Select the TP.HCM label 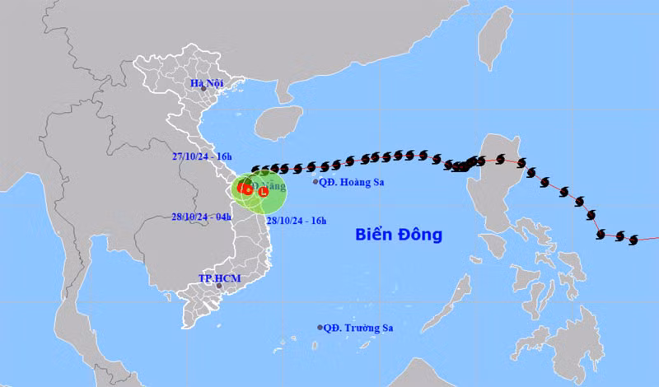tap(218, 279)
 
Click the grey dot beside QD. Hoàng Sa tap(315, 182)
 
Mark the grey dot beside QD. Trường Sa tap(320, 328)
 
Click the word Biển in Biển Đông tap(375, 235)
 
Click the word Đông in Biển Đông tap(421, 235)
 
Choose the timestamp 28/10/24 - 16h tap(294, 221)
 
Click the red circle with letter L tap(263, 192)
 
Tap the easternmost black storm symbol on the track tap(633, 240)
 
